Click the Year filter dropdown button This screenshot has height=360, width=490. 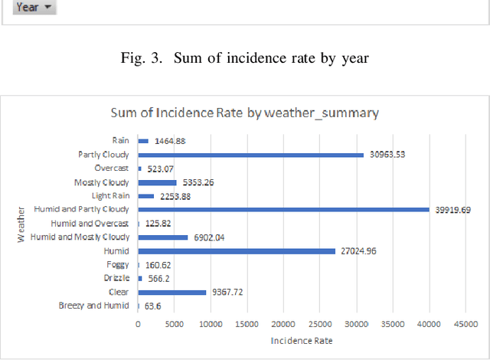[x=35, y=7]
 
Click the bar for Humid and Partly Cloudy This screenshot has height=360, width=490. [x=283, y=209]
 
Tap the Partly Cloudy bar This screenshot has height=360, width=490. [x=250, y=155]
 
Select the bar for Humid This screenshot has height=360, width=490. [x=237, y=250]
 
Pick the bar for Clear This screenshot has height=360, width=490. [x=172, y=292]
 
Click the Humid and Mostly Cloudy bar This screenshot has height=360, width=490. [x=163, y=237]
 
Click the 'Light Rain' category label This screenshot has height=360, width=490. [x=112, y=196]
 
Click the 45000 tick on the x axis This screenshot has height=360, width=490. [x=465, y=324]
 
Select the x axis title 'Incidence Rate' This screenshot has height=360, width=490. [x=302, y=339]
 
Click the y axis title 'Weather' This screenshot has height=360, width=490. [x=21, y=224]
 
